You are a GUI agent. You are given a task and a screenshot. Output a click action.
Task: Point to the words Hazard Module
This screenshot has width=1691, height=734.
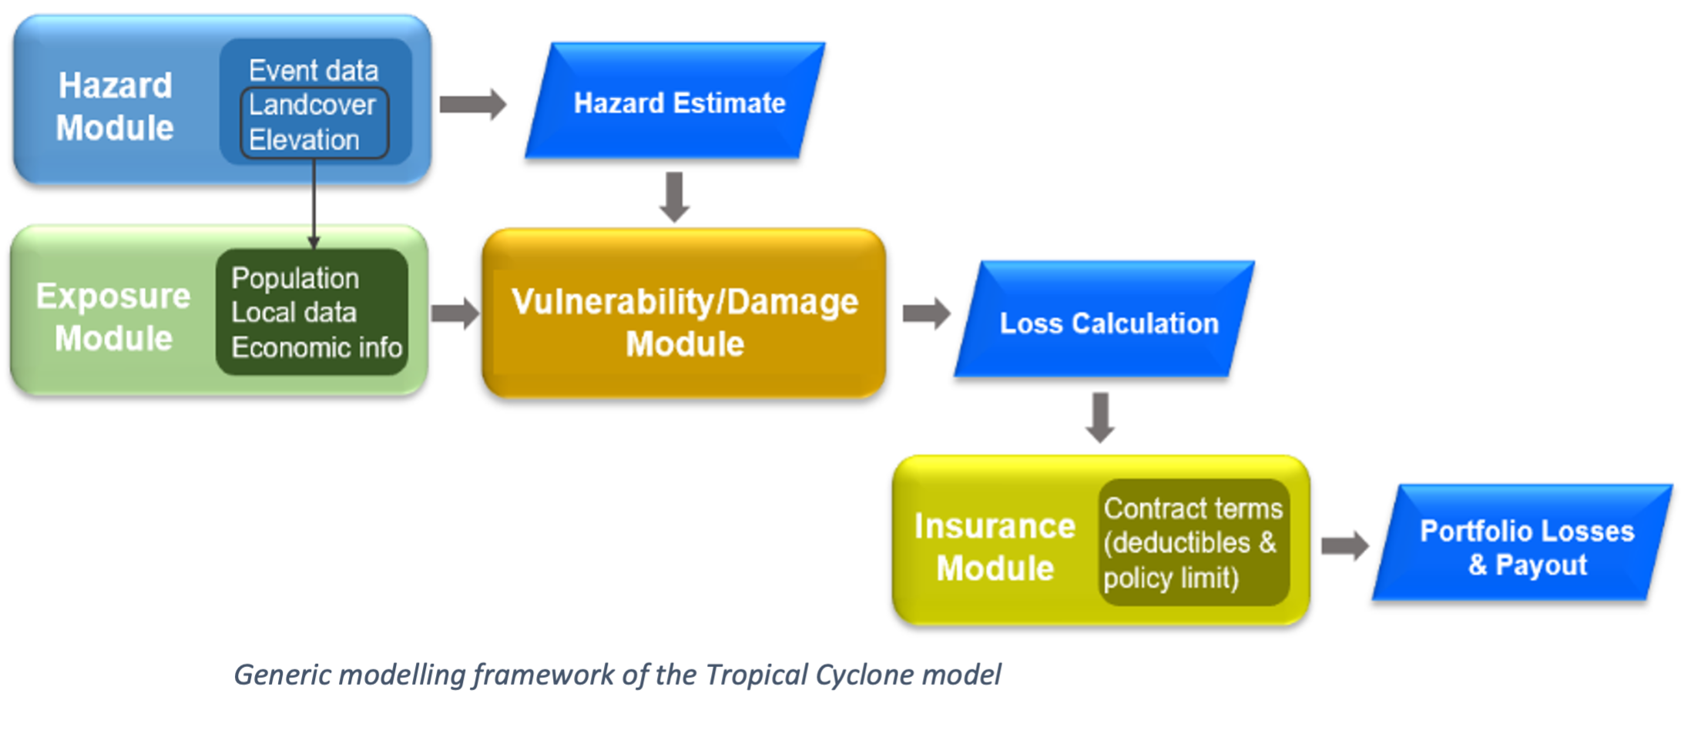pyautogui.click(x=115, y=106)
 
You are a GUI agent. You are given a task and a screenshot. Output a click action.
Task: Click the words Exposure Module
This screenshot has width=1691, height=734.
pyautogui.click(x=113, y=317)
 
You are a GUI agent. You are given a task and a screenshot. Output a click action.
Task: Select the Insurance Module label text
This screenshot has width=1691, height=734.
pyautogui.click(x=994, y=547)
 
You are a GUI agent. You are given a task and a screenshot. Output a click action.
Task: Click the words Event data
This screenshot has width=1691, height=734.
pyautogui.click(x=314, y=71)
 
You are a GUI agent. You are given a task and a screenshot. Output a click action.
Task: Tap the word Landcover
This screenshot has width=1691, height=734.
pyautogui.click(x=312, y=105)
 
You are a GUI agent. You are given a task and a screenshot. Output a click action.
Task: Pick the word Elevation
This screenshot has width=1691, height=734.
pyautogui.click(x=304, y=140)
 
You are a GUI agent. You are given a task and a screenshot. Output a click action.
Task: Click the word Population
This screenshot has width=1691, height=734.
pyautogui.click(x=295, y=278)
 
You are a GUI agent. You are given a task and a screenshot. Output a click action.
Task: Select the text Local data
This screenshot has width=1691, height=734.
pyautogui.click(x=294, y=313)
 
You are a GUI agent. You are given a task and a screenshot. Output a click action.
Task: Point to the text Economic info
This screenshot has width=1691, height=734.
pyautogui.click(x=317, y=347)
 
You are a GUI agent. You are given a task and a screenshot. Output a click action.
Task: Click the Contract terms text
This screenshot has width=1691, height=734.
pyautogui.click(x=1193, y=508)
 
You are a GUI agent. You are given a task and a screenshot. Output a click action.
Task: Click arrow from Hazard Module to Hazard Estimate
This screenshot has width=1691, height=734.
pyautogui.click(x=472, y=104)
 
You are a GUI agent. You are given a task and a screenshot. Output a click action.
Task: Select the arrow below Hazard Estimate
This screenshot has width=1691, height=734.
pyautogui.click(x=675, y=196)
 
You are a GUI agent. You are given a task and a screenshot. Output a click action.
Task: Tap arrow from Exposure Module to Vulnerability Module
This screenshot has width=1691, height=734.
pyautogui.click(x=455, y=313)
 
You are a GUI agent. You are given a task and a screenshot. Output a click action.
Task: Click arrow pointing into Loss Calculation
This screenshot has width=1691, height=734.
pyautogui.click(x=926, y=313)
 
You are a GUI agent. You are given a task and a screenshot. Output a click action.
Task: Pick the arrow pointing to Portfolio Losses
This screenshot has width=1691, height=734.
pyautogui.click(x=1344, y=546)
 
